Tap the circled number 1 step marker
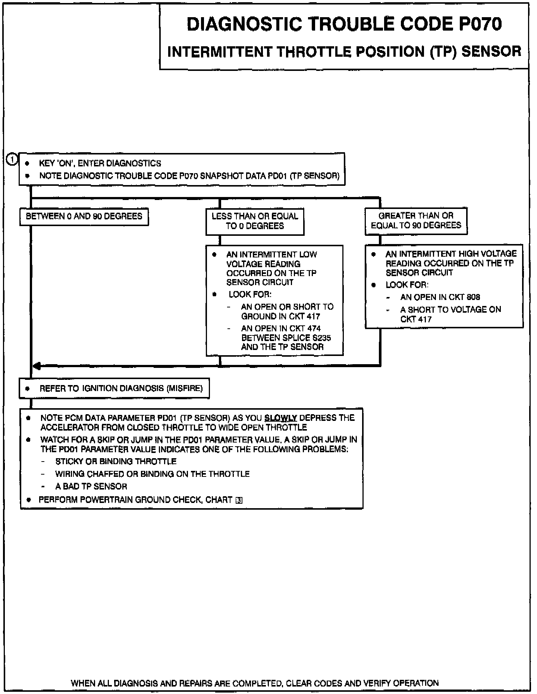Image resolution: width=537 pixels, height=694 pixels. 12,159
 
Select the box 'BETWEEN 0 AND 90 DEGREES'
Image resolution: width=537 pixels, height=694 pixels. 84,216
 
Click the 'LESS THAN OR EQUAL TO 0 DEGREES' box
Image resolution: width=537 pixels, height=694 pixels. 255,221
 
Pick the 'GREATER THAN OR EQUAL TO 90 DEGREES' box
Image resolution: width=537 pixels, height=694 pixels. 416,221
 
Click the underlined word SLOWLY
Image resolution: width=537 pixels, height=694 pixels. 280,418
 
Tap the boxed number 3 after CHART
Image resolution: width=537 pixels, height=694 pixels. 239,500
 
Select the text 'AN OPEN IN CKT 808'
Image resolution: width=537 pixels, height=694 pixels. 440,297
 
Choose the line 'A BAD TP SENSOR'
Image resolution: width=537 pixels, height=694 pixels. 91,487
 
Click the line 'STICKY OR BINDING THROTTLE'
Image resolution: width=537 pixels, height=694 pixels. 116,462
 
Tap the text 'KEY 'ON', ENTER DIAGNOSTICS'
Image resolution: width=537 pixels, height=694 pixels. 100,163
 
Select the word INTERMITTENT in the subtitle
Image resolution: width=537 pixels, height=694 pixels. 220,51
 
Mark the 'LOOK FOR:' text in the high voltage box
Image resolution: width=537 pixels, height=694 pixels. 407,285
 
